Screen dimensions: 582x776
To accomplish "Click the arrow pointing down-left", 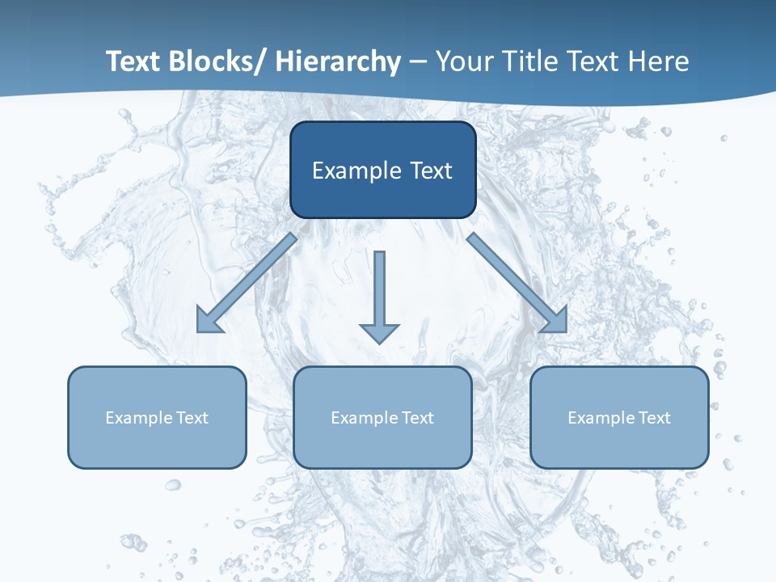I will [x=247, y=282].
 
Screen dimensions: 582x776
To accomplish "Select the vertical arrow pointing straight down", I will [x=379, y=291].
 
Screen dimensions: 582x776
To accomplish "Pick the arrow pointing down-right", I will [x=517, y=282].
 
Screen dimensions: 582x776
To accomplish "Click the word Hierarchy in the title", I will [x=338, y=61].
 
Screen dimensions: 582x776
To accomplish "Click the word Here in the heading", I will [x=660, y=61].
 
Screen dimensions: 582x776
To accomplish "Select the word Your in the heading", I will [x=462, y=61].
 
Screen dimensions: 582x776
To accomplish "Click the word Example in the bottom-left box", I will [x=139, y=418].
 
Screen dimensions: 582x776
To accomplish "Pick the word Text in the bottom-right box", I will [x=654, y=418].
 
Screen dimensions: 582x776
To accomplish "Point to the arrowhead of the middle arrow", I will [x=379, y=332].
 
